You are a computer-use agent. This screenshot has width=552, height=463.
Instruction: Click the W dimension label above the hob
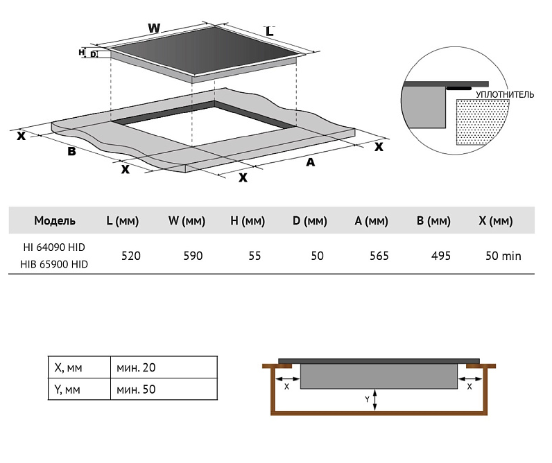154,28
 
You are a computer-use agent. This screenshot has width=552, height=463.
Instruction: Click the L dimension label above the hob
270,31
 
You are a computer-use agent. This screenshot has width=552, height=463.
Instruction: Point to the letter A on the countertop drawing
310,162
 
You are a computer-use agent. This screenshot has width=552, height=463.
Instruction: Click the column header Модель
55,221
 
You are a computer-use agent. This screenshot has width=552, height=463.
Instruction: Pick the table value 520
130,256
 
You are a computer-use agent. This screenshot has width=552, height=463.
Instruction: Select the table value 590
193,256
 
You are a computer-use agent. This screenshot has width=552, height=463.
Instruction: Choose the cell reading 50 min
503,256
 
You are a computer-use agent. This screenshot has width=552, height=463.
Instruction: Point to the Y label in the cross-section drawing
367,400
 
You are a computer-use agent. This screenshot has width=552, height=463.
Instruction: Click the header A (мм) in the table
371,221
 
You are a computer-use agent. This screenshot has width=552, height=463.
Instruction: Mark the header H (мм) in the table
248,221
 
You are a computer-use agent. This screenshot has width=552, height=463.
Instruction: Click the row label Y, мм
67,389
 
